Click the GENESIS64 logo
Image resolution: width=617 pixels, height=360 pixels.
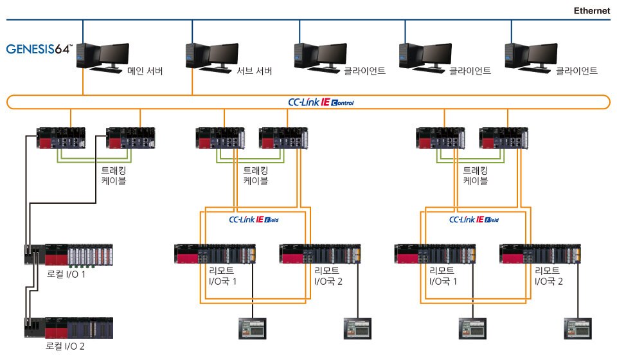[49, 49]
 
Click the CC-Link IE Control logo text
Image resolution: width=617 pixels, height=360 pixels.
[320, 102]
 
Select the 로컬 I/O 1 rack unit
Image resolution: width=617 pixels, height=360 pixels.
[69, 256]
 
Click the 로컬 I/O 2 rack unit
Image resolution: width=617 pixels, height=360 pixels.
[69, 327]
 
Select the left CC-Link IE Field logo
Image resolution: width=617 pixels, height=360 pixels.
[255, 219]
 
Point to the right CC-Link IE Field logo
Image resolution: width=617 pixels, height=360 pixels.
[474, 219]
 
